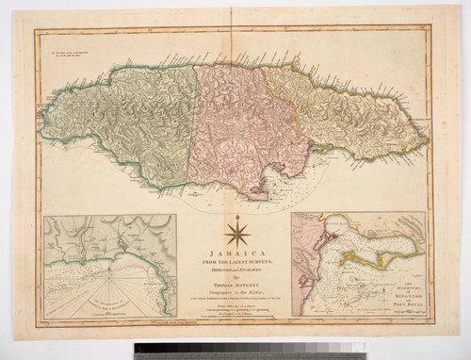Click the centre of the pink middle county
[231, 127]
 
